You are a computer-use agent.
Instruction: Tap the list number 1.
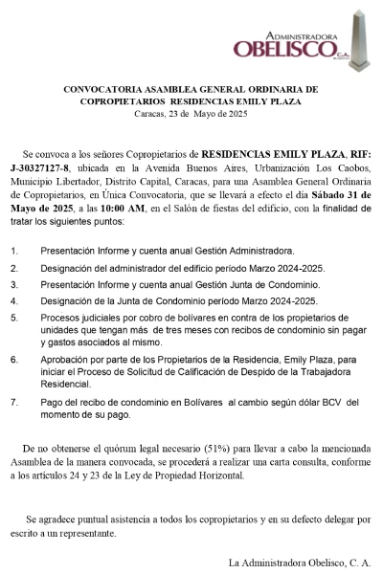(x=13, y=249)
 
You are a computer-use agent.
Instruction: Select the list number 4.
(x=13, y=300)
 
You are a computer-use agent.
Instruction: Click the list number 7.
(x=13, y=403)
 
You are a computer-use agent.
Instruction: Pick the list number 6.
(x=13, y=360)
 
